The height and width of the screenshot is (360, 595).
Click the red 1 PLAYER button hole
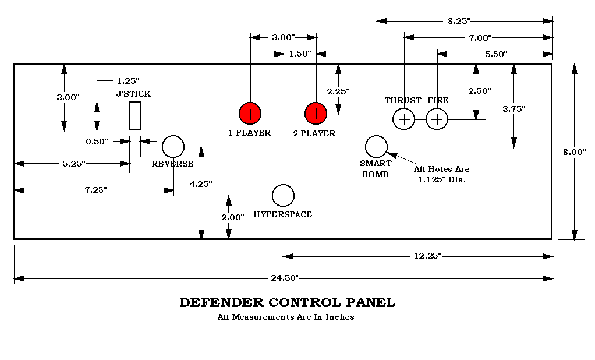(250, 113)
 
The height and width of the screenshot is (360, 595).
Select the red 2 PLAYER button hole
(316, 113)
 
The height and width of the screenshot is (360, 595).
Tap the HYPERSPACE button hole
(284, 196)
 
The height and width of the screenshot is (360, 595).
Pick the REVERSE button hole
(173, 147)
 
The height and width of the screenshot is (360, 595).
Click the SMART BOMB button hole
(376, 146)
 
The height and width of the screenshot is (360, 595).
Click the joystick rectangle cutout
(135, 116)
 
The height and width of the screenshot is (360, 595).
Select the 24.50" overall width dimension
(285, 278)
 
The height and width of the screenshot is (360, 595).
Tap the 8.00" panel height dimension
(575, 151)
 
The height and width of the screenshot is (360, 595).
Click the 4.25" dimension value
(201, 183)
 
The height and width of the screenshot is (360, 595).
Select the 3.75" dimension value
(513, 109)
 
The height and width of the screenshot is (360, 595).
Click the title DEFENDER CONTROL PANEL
(287, 303)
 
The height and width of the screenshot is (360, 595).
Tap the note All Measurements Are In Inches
(285, 317)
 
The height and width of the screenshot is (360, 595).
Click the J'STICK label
(133, 94)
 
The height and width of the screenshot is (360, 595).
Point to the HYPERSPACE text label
(283, 214)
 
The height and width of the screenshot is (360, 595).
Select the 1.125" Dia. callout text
(442, 179)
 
